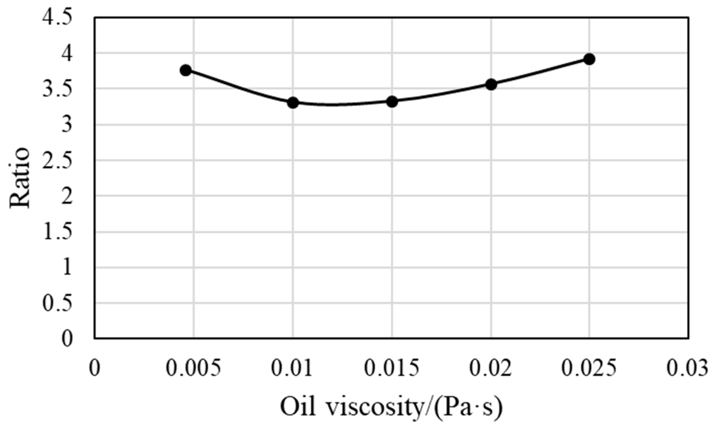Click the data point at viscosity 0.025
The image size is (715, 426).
click(x=589, y=59)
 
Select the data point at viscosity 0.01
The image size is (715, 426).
click(x=293, y=103)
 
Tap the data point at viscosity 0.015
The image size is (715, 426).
click(x=392, y=102)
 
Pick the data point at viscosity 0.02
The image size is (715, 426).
click(x=491, y=85)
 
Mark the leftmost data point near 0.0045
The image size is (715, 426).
click(x=186, y=70)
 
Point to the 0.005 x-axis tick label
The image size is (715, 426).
click(x=194, y=368)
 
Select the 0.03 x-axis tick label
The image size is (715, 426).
click(x=687, y=368)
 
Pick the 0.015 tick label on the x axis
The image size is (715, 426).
click(x=392, y=368)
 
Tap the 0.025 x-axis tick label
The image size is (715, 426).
click(x=589, y=368)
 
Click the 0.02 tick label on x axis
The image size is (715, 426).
click(x=491, y=368)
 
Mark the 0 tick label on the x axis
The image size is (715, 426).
click(x=94, y=368)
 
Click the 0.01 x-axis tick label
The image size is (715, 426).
click(x=292, y=368)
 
